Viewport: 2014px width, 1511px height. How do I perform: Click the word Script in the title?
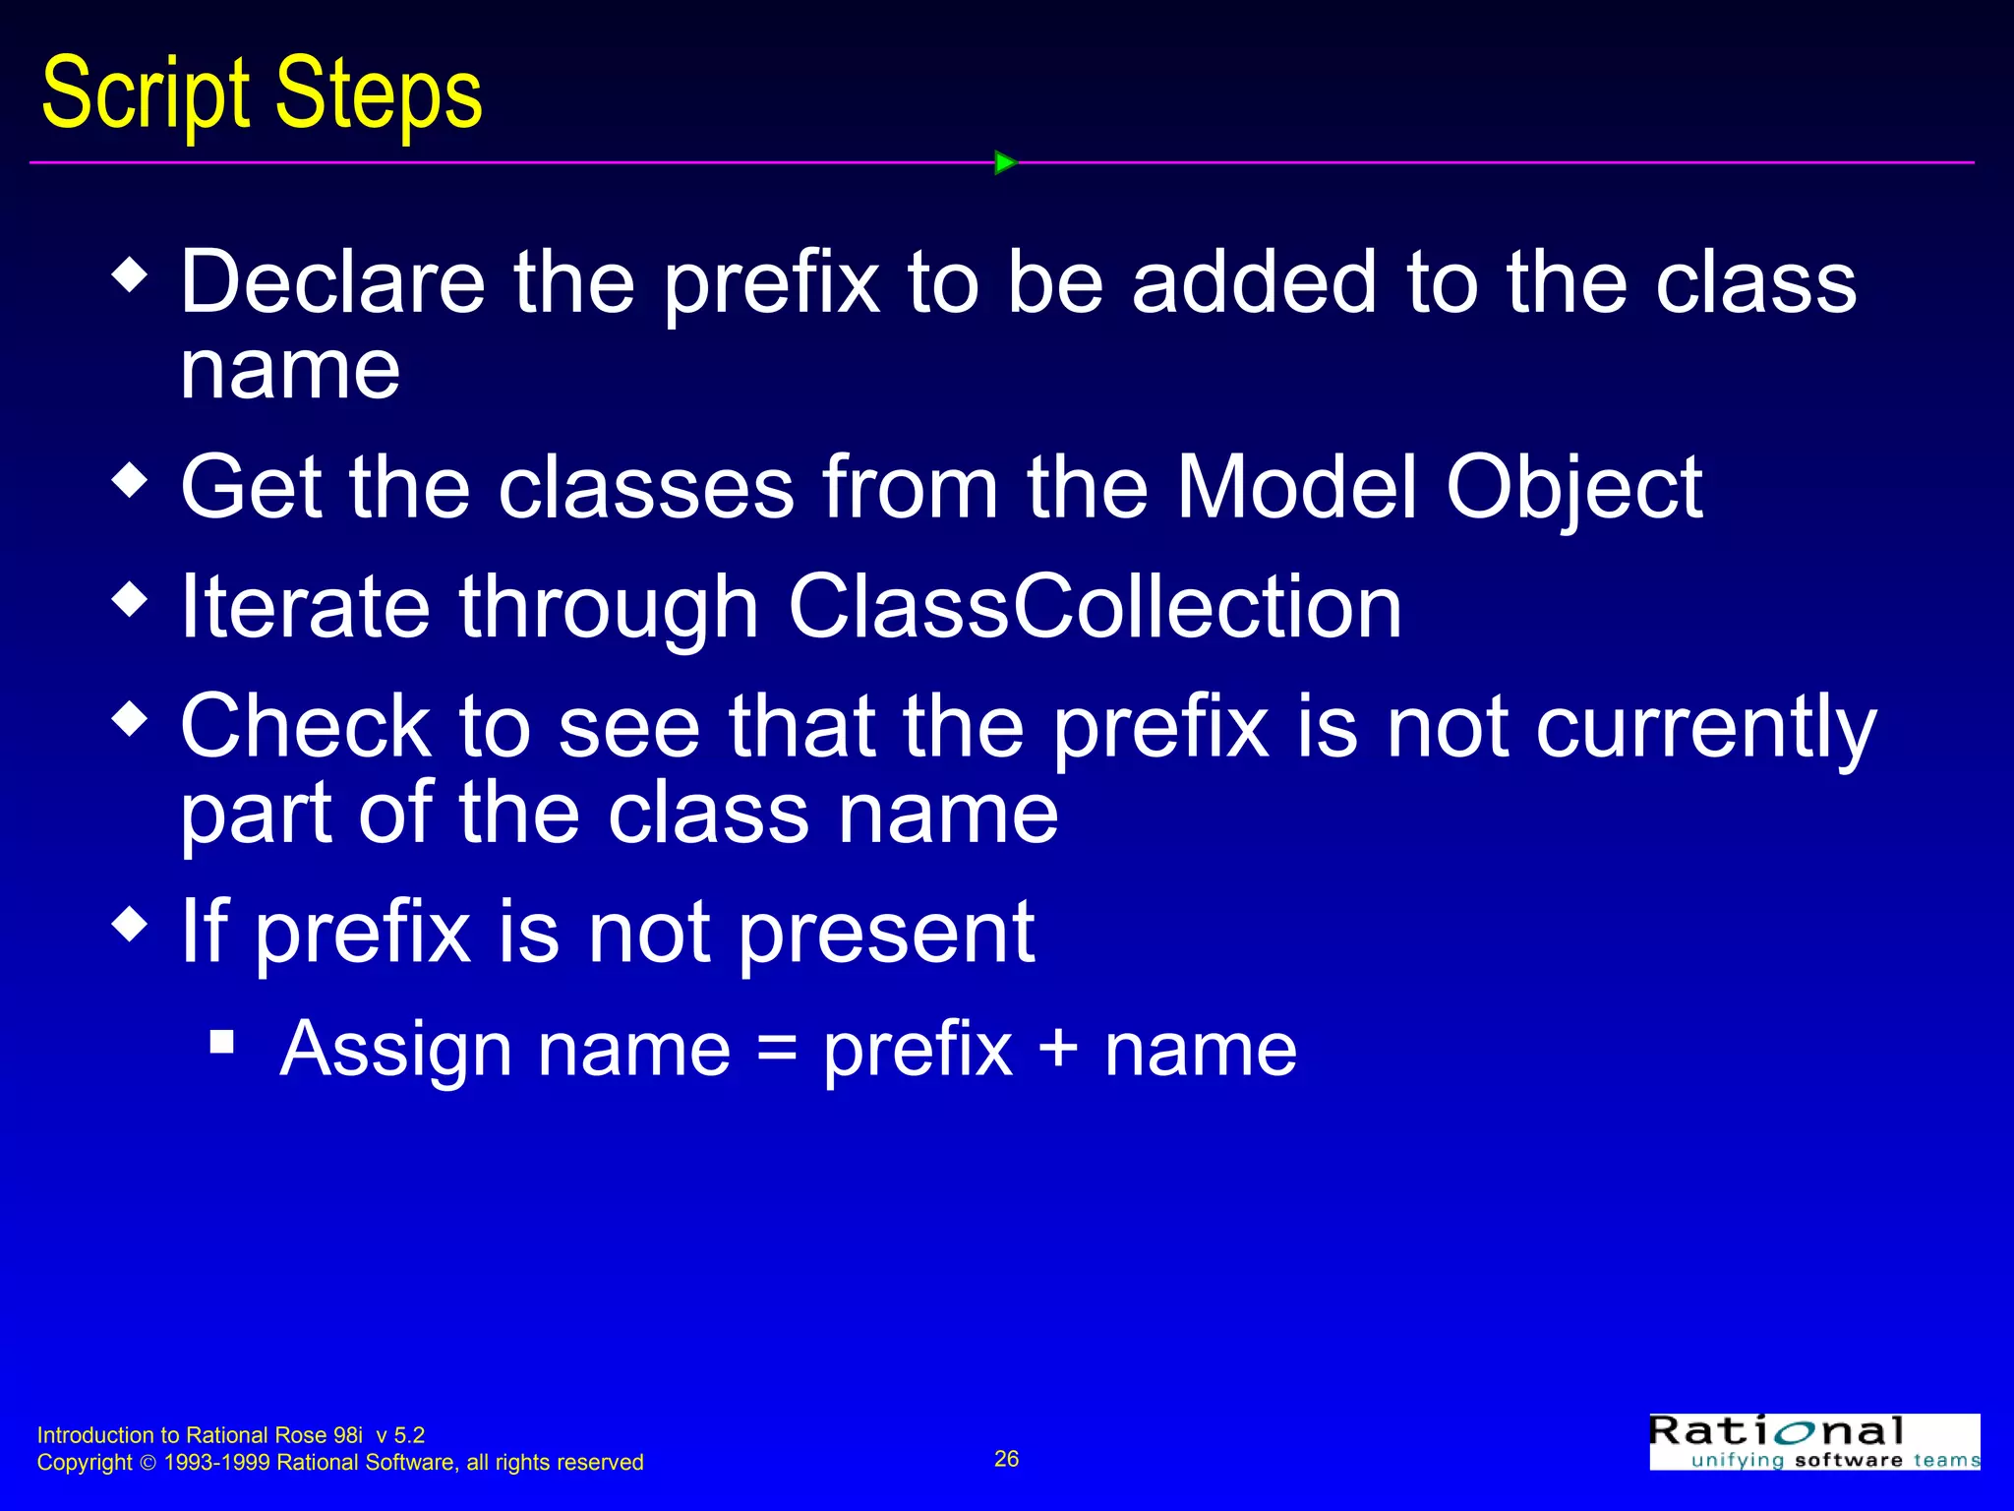point(146,94)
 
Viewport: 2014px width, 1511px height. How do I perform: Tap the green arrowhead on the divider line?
point(1005,162)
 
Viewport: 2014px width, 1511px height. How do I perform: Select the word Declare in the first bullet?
point(332,282)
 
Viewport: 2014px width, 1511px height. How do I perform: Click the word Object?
point(1573,489)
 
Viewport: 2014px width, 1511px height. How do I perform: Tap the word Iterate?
point(305,607)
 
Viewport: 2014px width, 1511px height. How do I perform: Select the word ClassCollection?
point(1095,607)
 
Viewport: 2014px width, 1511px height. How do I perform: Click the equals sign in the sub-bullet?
point(777,1049)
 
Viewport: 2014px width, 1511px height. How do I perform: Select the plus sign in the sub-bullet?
point(1058,1049)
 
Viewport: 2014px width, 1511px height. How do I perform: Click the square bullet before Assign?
point(222,1041)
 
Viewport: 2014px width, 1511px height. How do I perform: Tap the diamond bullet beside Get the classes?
point(130,481)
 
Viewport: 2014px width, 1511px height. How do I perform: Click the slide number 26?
point(1006,1459)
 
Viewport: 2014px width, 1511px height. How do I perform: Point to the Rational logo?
point(1813,1441)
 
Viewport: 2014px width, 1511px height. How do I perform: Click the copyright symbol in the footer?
point(148,1463)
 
